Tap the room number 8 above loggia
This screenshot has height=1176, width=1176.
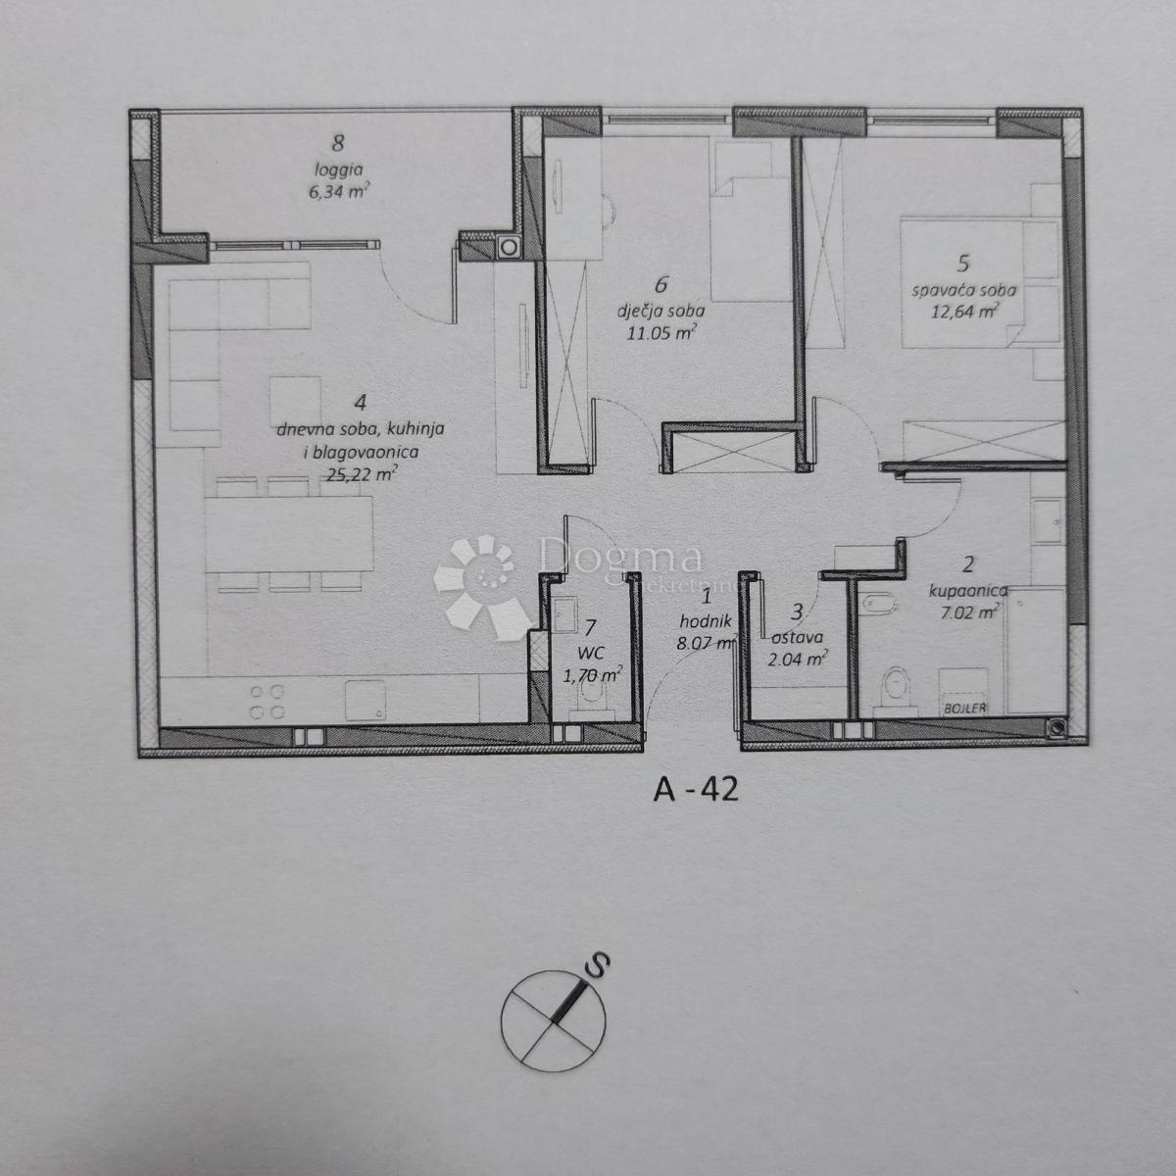[338, 143]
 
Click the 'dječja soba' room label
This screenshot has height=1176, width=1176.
[661, 311]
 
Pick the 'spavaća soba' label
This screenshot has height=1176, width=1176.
[963, 290]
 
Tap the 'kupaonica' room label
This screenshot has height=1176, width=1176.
[964, 590]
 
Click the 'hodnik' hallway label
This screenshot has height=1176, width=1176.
[705, 619]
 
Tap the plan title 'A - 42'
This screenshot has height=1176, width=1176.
[695, 790]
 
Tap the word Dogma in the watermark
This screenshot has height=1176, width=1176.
[619, 557]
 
